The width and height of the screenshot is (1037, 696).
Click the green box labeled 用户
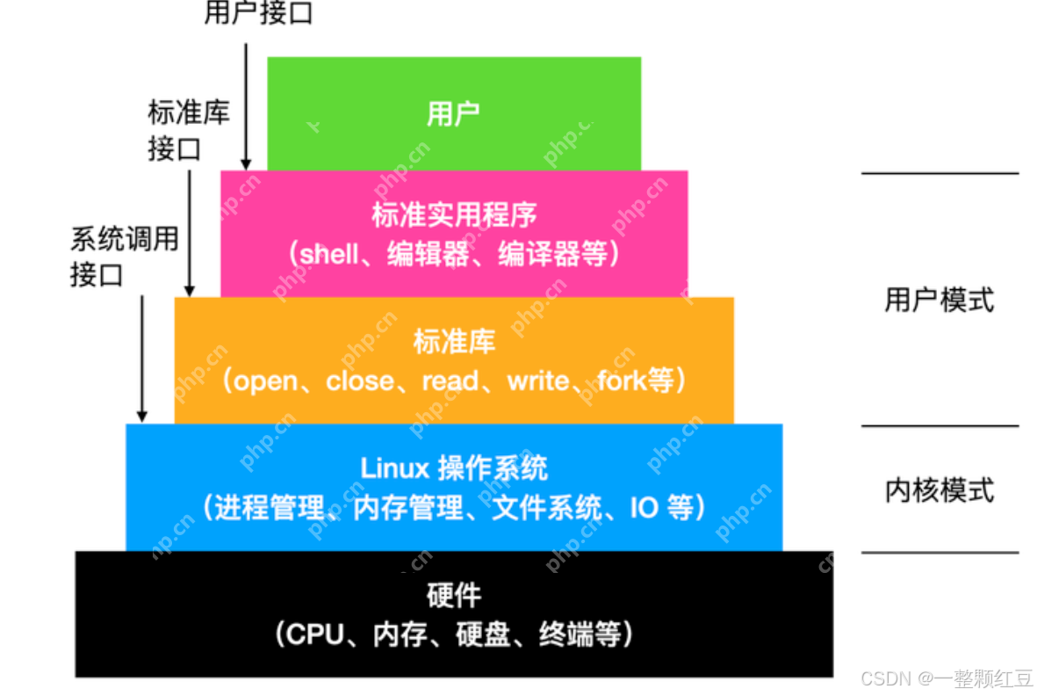click(x=453, y=113)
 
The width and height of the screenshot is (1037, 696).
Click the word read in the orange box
click(x=450, y=381)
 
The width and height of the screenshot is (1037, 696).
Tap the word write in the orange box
click(x=538, y=381)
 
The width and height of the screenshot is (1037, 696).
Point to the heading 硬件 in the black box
click(x=453, y=596)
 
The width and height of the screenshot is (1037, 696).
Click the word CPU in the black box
click(x=315, y=634)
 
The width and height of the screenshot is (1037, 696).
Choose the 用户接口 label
click(x=258, y=14)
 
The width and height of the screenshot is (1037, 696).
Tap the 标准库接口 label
click(x=188, y=130)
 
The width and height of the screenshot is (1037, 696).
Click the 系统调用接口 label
click(x=124, y=257)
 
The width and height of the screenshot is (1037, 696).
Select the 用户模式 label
click(x=940, y=301)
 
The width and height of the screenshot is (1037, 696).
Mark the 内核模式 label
click(x=940, y=489)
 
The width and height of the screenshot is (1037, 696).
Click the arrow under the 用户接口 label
click(x=247, y=105)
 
